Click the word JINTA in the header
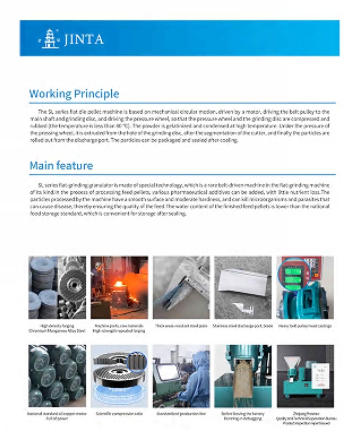click(83, 39)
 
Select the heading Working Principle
click(74, 94)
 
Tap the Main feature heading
click(61, 166)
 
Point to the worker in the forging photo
click(96, 276)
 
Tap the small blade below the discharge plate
click(245, 308)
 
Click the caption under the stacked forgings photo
click(57, 328)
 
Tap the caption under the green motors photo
click(57, 416)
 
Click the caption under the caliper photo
click(181, 326)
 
